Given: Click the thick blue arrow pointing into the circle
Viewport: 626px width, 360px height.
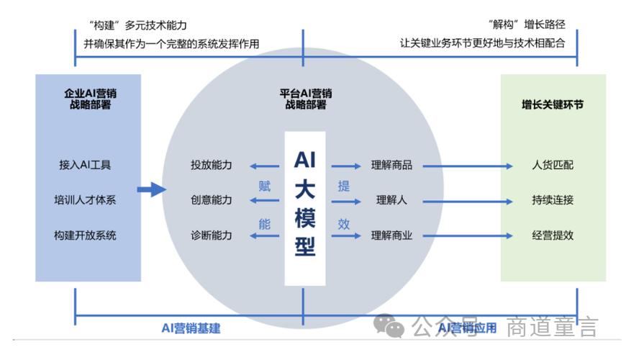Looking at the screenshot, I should tap(151, 189).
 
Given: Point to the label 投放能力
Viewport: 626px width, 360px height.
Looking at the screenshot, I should tap(212, 165).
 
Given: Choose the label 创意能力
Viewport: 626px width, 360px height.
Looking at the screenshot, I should tap(212, 199).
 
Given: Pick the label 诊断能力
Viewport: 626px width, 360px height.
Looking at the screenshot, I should tap(212, 235).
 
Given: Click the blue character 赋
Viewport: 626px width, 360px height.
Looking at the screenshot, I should tap(265, 186).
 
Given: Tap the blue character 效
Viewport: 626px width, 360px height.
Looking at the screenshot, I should tap(344, 223).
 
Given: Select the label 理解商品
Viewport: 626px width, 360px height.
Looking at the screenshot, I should tap(391, 165).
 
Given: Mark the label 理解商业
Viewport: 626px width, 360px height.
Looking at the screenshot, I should tap(391, 235).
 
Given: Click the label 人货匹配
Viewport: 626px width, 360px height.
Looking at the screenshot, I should tap(553, 165).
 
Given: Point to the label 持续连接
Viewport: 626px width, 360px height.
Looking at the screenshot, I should tap(553, 199).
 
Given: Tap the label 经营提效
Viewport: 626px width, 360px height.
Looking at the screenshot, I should tap(553, 235).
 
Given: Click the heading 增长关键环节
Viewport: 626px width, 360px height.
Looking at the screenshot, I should tap(553, 104).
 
